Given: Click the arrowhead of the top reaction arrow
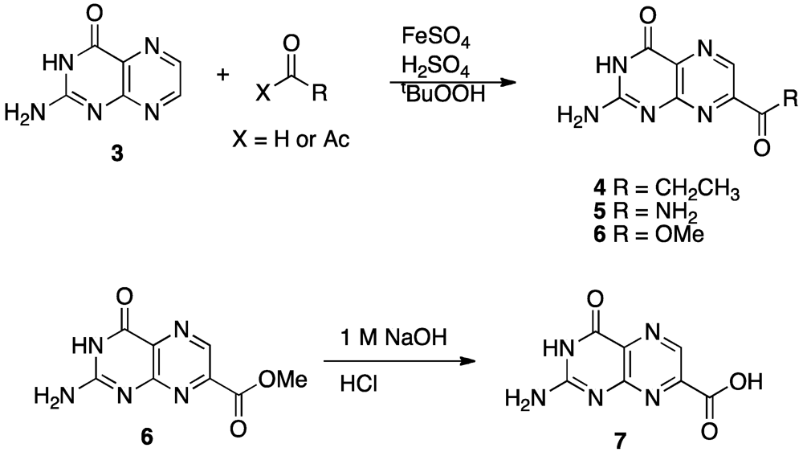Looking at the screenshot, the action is (x=507, y=82).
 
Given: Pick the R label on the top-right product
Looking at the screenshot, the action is (x=790, y=100).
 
